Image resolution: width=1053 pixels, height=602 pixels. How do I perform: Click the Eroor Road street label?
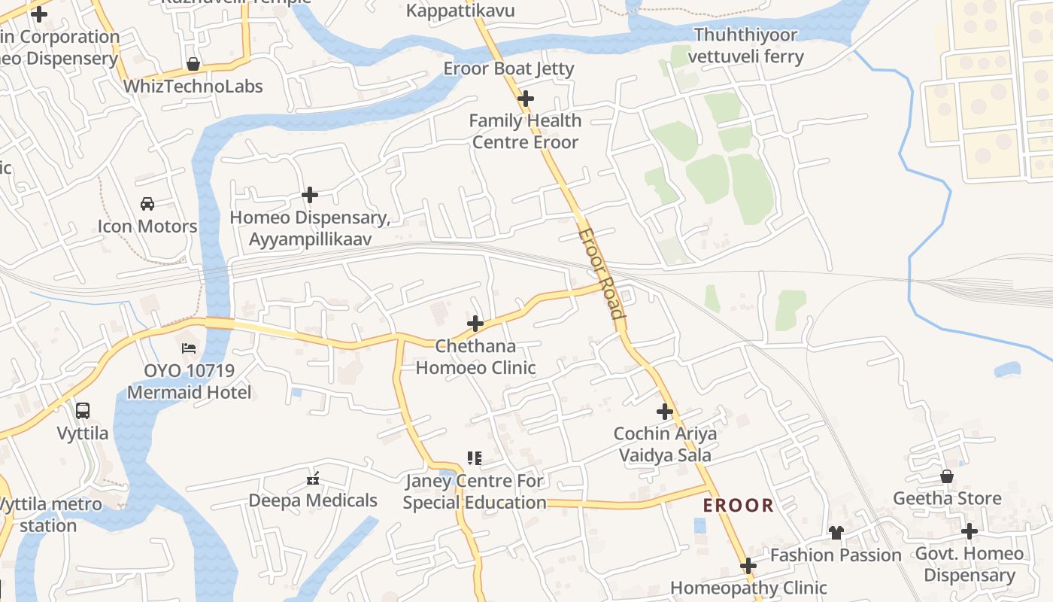[602, 274]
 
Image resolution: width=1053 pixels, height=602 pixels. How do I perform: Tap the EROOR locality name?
[738, 506]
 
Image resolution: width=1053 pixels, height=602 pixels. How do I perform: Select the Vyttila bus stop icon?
[83, 411]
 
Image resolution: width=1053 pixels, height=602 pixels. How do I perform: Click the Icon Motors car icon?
[147, 203]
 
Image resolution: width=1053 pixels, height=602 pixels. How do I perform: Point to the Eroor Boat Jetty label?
[508, 68]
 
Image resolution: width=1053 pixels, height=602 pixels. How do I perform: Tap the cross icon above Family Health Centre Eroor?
[526, 98]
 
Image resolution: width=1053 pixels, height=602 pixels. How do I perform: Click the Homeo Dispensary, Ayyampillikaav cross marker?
[309, 195]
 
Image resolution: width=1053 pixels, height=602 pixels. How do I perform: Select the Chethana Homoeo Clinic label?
[475, 357]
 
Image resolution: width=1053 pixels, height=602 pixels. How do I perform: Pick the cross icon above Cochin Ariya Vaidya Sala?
[665, 411]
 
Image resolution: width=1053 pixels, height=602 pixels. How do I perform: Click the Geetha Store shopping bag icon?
[947, 476]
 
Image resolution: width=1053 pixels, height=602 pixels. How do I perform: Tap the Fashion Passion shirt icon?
[836, 533]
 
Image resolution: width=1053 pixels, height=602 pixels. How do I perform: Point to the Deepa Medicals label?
[313, 500]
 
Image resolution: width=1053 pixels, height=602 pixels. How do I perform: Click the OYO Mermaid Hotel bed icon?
[189, 348]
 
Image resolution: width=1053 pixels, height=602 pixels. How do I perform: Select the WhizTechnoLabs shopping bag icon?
[193, 64]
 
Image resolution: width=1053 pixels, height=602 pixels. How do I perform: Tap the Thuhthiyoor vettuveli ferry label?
[748, 46]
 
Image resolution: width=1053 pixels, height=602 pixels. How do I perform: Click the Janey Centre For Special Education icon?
[474, 458]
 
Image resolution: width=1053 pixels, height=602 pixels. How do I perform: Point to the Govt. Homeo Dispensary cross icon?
[970, 531]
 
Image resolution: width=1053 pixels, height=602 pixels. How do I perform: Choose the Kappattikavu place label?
[460, 10]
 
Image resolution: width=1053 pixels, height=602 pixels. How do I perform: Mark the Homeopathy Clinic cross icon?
[748, 565]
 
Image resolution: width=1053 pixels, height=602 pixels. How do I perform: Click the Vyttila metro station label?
[48, 515]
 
